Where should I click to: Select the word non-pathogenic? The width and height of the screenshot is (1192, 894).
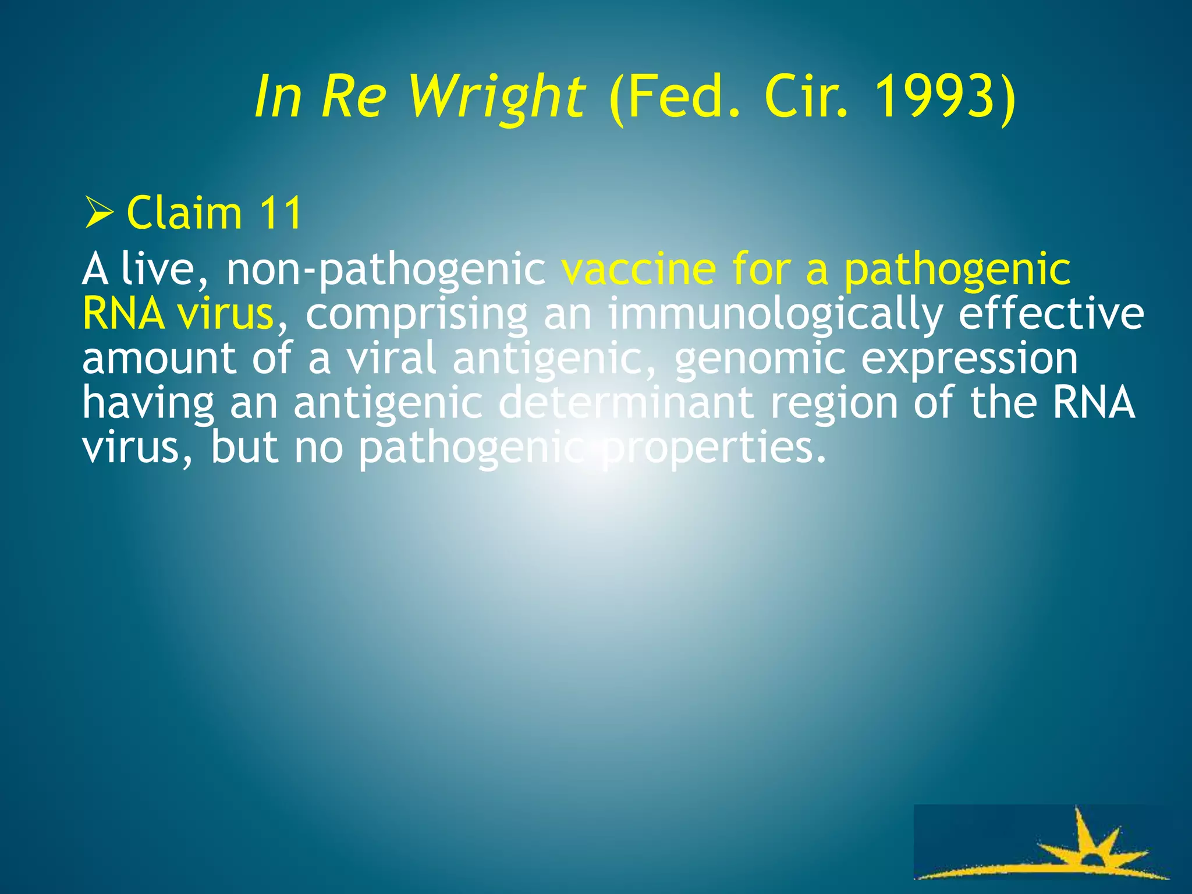386,270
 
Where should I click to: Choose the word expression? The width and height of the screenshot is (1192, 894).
969,360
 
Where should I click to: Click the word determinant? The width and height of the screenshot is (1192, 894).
626,403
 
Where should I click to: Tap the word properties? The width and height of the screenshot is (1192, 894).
714,448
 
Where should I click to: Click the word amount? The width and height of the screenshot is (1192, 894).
158,359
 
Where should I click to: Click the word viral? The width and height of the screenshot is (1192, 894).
391,359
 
